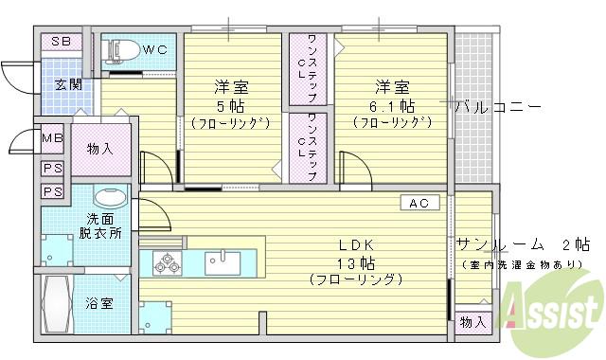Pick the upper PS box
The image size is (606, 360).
pyautogui.click(x=52, y=168)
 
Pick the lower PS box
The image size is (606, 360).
pyautogui.click(x=52, y=191)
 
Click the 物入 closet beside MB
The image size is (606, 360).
pyautogui.click(x=99, y=149)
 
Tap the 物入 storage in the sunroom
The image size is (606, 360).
pyautogui.click(x=472, y=322)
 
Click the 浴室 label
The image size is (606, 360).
pyautogui.click(x=99, y=304)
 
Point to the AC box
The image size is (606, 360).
pyautogui.click(x=419, y=202)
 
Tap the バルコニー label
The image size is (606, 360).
pyautogui.click(x=497, y=105)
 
